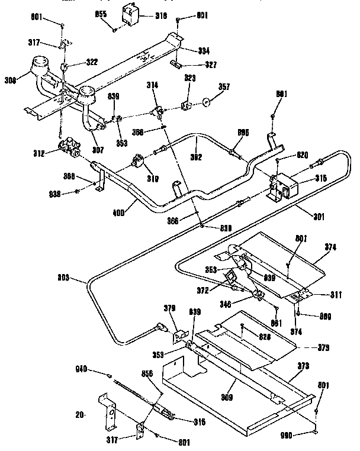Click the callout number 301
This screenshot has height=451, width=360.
click(x=319, y=216)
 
